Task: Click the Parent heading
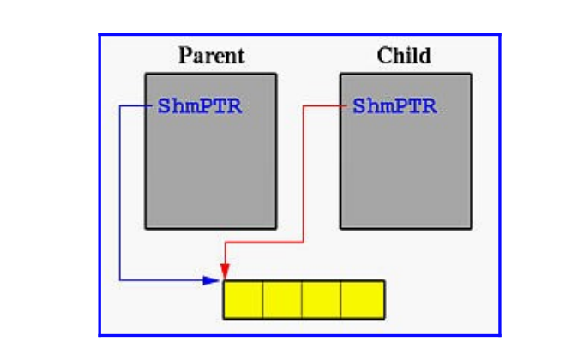click(211, 57)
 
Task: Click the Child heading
click(404, 57)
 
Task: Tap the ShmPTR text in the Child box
click(394, 107)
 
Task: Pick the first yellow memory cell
click(244, 300)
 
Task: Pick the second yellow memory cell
click(283, 300)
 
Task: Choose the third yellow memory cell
click(322, 300)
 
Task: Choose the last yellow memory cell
click(363, 300)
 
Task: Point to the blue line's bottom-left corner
click(119, 279)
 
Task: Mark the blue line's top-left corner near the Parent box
click(119, 106)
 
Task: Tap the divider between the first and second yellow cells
click(263, 300)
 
